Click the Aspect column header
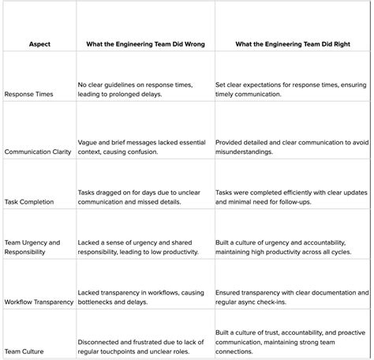pos(38,44)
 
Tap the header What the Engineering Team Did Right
pos(288,44)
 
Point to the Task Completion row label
pos(29,201)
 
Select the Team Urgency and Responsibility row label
pos(32,246)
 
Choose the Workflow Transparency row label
pos(39,302)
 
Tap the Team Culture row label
pos(25,351)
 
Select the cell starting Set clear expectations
pos(285,89)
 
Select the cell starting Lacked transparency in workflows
pos(137,297)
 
